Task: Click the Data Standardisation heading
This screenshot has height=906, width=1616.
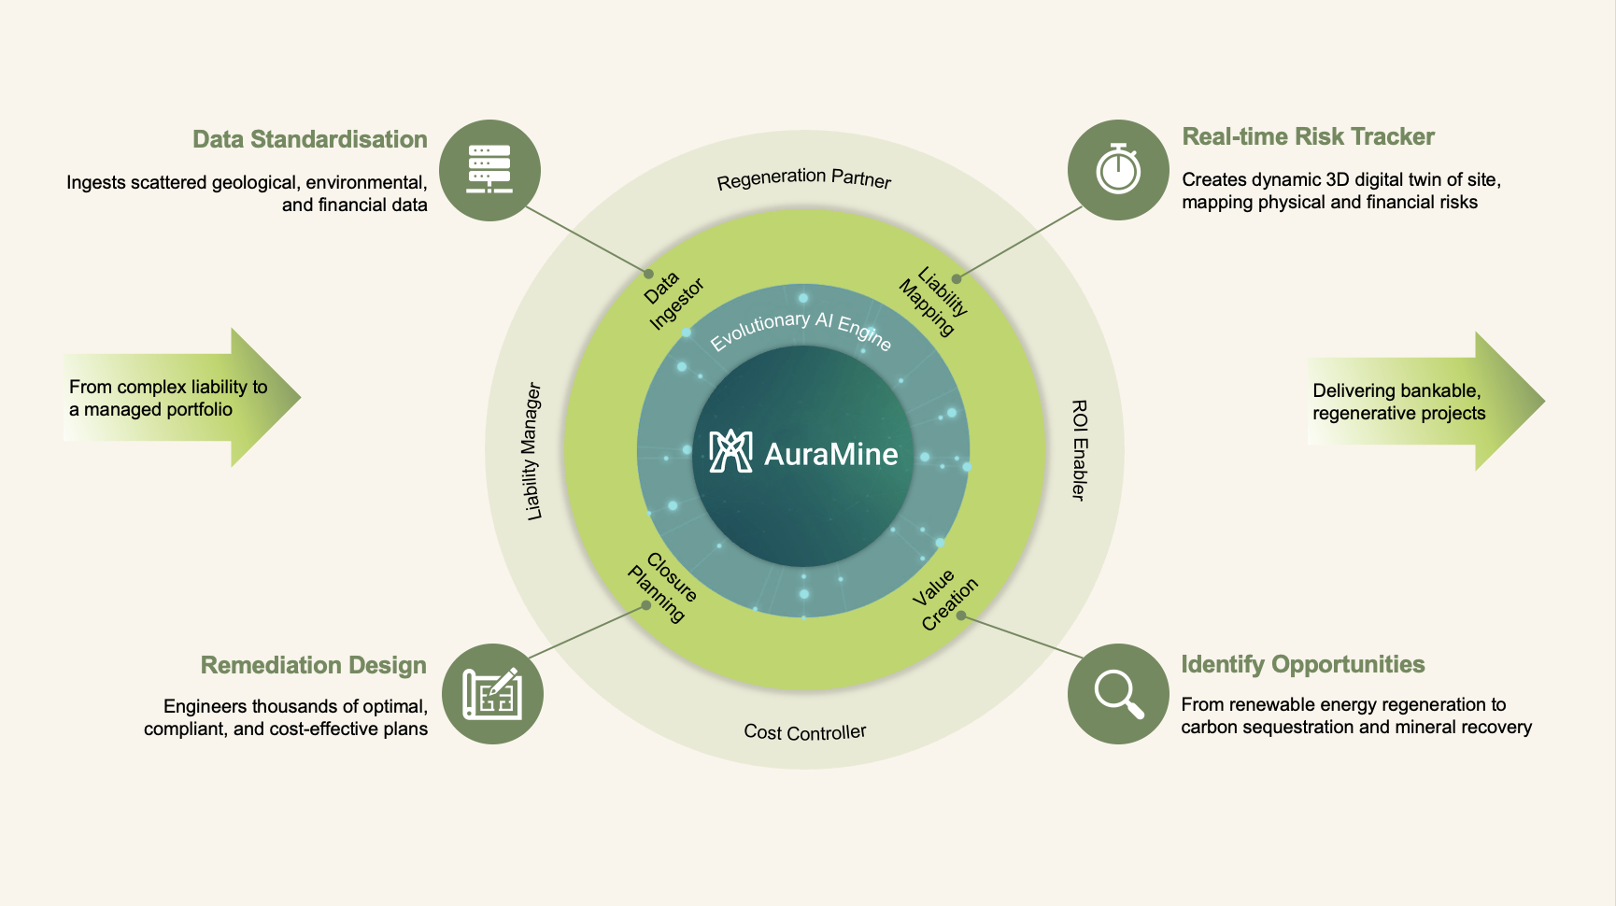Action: (309, 139)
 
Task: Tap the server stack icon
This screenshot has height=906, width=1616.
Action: (489, 170)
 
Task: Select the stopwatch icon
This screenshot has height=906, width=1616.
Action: (1118, 170)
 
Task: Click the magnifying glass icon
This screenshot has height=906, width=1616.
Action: (1118, 694)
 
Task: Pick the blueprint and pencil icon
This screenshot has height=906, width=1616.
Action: (492, 694)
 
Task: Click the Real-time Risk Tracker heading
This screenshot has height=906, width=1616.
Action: (1308, 136)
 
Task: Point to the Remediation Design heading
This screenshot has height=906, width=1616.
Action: (313, 665)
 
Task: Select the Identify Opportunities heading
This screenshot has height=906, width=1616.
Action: (1302, 664)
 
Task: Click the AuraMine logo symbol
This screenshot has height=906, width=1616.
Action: (730, 452)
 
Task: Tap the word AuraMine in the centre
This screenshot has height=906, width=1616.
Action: (830, 454)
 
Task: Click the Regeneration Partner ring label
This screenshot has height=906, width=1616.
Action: (804, 177)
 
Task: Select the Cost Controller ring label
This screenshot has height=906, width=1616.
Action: (804, 732)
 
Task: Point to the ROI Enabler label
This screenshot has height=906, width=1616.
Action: (1079, 450)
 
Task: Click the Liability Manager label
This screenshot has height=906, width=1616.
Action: (532, 450)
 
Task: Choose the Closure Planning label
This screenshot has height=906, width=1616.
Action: (663, 587)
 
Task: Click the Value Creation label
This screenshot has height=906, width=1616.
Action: (944, 600)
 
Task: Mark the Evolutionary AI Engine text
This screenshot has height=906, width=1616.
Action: (801, 328)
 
